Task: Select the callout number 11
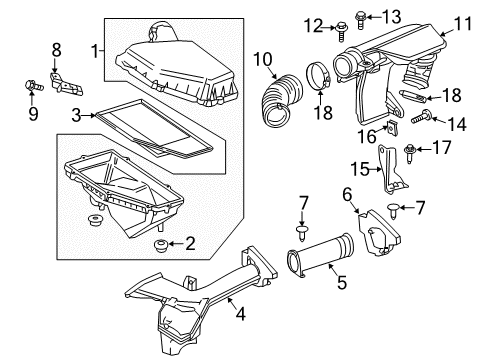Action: pyautogui.click(x=461, y=23)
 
